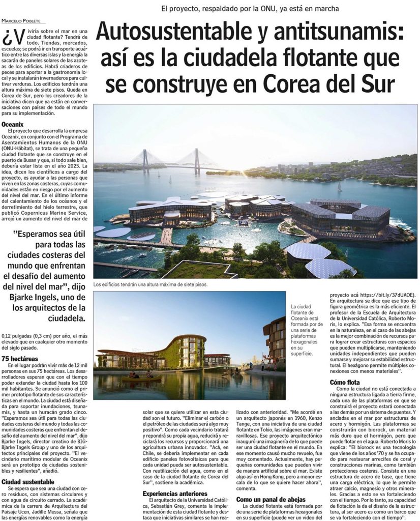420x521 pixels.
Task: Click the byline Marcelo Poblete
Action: [21, 20]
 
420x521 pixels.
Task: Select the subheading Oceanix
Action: [13, 124]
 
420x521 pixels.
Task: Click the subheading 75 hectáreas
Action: [19, 359]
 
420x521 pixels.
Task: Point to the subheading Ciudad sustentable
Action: [27, 481]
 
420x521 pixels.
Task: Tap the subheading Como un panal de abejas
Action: [272, 500]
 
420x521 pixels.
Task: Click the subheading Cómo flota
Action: [344, 382]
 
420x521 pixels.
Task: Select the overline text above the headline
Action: [250, 8]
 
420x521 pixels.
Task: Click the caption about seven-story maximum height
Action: [151, 285]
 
